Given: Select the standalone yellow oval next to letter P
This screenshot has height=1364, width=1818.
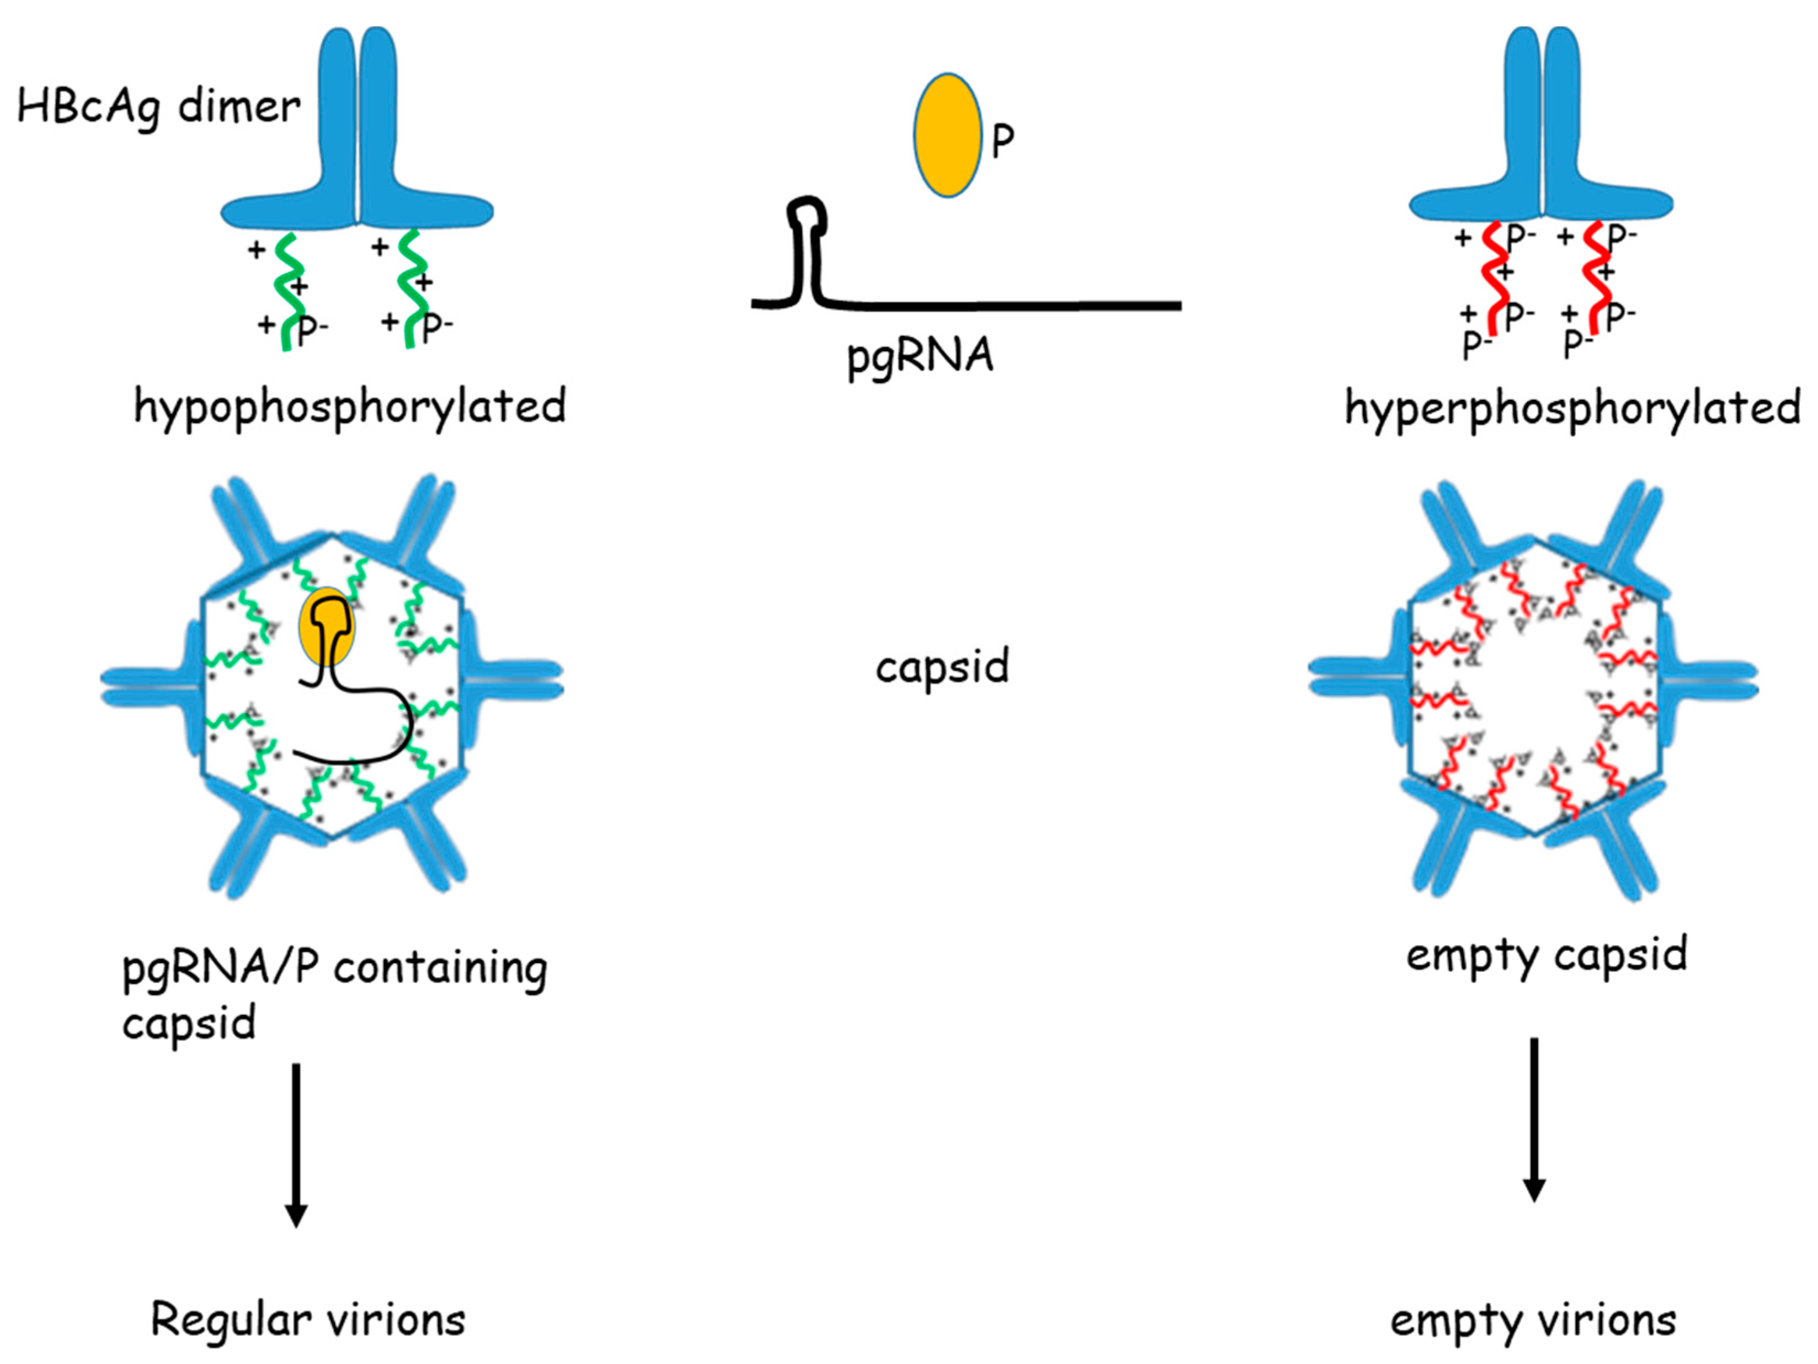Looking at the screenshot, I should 948,136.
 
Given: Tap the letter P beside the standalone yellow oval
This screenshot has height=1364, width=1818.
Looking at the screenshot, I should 1003,141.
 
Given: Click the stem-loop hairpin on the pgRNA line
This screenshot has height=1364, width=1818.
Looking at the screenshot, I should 806,247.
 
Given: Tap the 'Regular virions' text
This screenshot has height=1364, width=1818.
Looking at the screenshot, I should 308,1320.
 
